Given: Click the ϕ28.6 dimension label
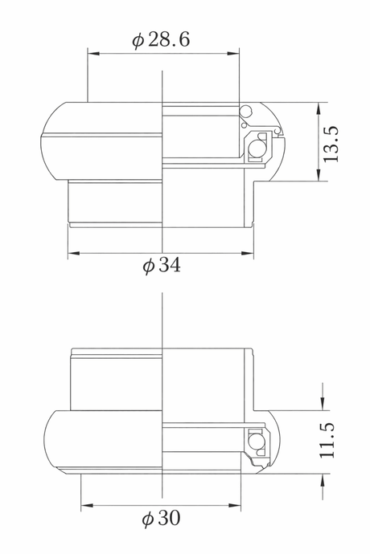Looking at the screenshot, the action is (x=161, y=39).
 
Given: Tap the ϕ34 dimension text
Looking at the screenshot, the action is (x=162, y=265).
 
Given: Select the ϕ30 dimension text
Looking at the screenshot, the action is (x=161, y=519).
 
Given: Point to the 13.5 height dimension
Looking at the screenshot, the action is (x=331, y=145).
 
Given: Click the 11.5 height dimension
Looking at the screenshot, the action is (x=327, y=440).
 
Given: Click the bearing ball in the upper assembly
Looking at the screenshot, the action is (x=256, y=148).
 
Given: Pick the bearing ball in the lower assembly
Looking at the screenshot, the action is (x=254, y=442).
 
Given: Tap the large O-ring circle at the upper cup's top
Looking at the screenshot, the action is (x=245, y=112).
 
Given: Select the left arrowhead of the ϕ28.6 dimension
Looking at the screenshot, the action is (x=93, y=54).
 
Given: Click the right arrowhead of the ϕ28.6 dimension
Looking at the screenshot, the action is (x=233, y=54).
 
